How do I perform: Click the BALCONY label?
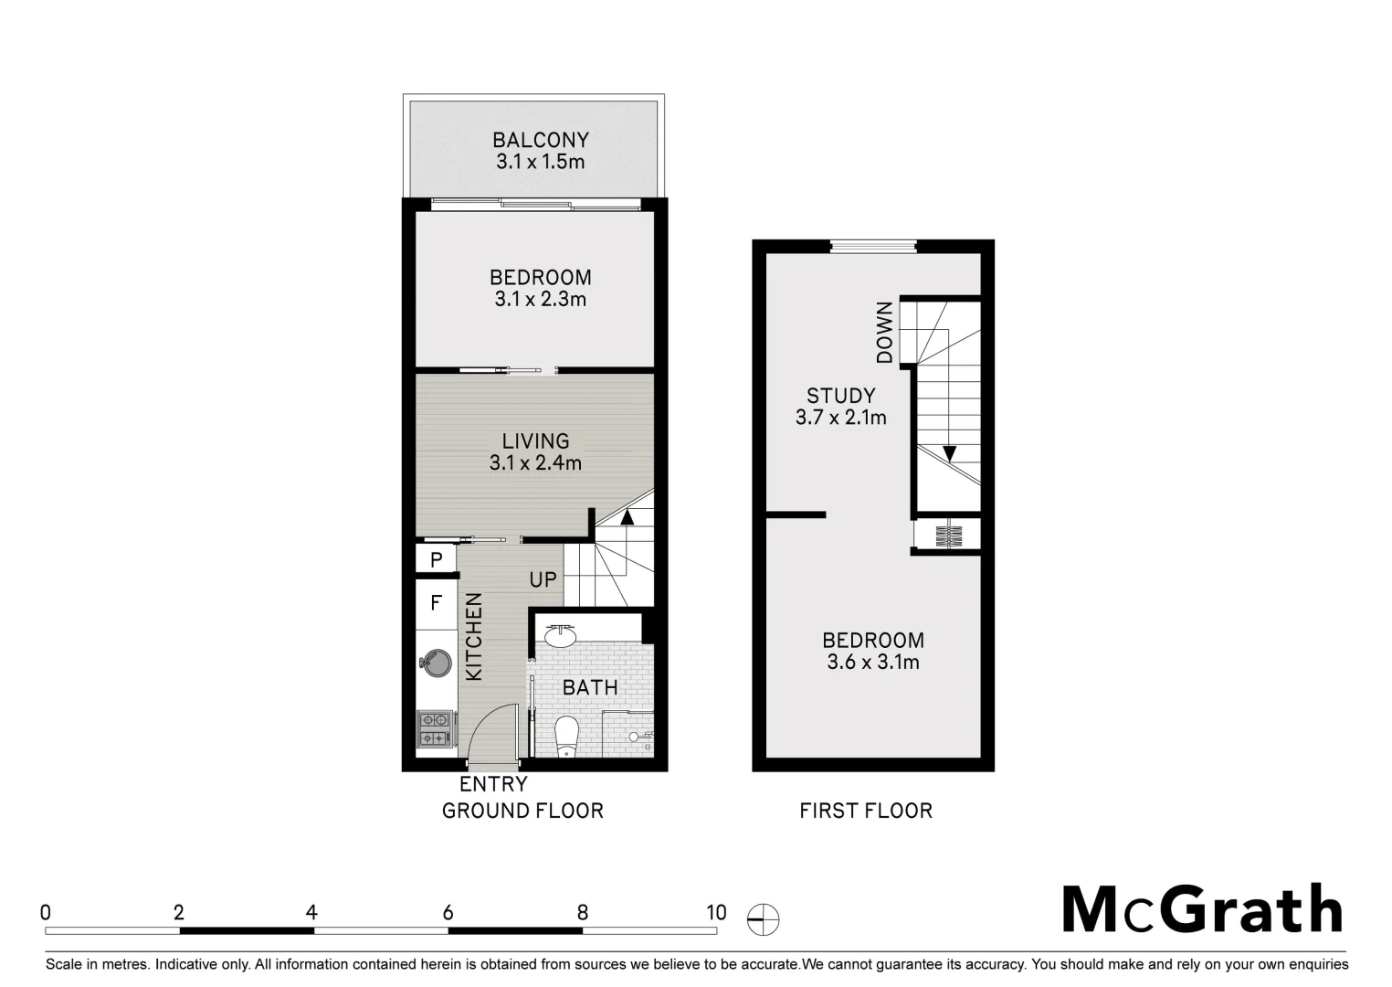pyautogui.click(x=540, y=140)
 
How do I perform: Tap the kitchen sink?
pyautogui.click(x=435, y=663)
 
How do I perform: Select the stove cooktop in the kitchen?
pyautogui.click(x=434, y=728)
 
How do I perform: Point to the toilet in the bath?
pyautogui.click(x=567, y=735)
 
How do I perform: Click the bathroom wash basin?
pyautogui.click(x=559, y=634)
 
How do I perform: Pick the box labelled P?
pyautogui.click(x=437, y=559)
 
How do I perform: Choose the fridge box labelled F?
pyautogui.click(x=437, y=603)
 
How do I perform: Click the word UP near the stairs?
pyautogui.click(x=543, y=579)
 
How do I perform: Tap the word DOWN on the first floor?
pyautogui.click(x=884, y=333)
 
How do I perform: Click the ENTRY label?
pyautogui.click(x=493, y=784)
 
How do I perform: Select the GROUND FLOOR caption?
pyautogui.click(x=522, y=811)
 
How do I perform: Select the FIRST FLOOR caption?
pyautogui.click(x=866, y=811)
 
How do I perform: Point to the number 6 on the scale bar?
pyautogui.click(x=448, y=912)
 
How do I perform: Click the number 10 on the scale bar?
pyautogui.click(x=716, y=912)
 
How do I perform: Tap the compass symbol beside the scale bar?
pyautogui.click(x=764, y=918)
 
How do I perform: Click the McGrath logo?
pyautogui.click(x=1202, y=909)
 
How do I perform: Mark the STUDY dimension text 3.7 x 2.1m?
pyautogui.click(x=840, y=418)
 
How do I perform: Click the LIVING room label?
pyautogui.click(x=535, y=440)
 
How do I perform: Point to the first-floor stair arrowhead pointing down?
pyautogui.click(x=949, y=453)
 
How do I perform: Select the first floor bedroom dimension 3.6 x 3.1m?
pyautogui.click(x=872, y=662)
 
